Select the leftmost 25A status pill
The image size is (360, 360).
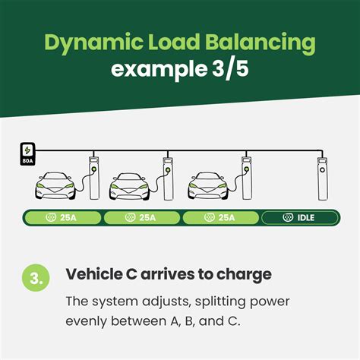point(62,218)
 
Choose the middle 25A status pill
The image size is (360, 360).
point(141,218)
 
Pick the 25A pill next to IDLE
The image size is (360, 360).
point(219,218)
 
